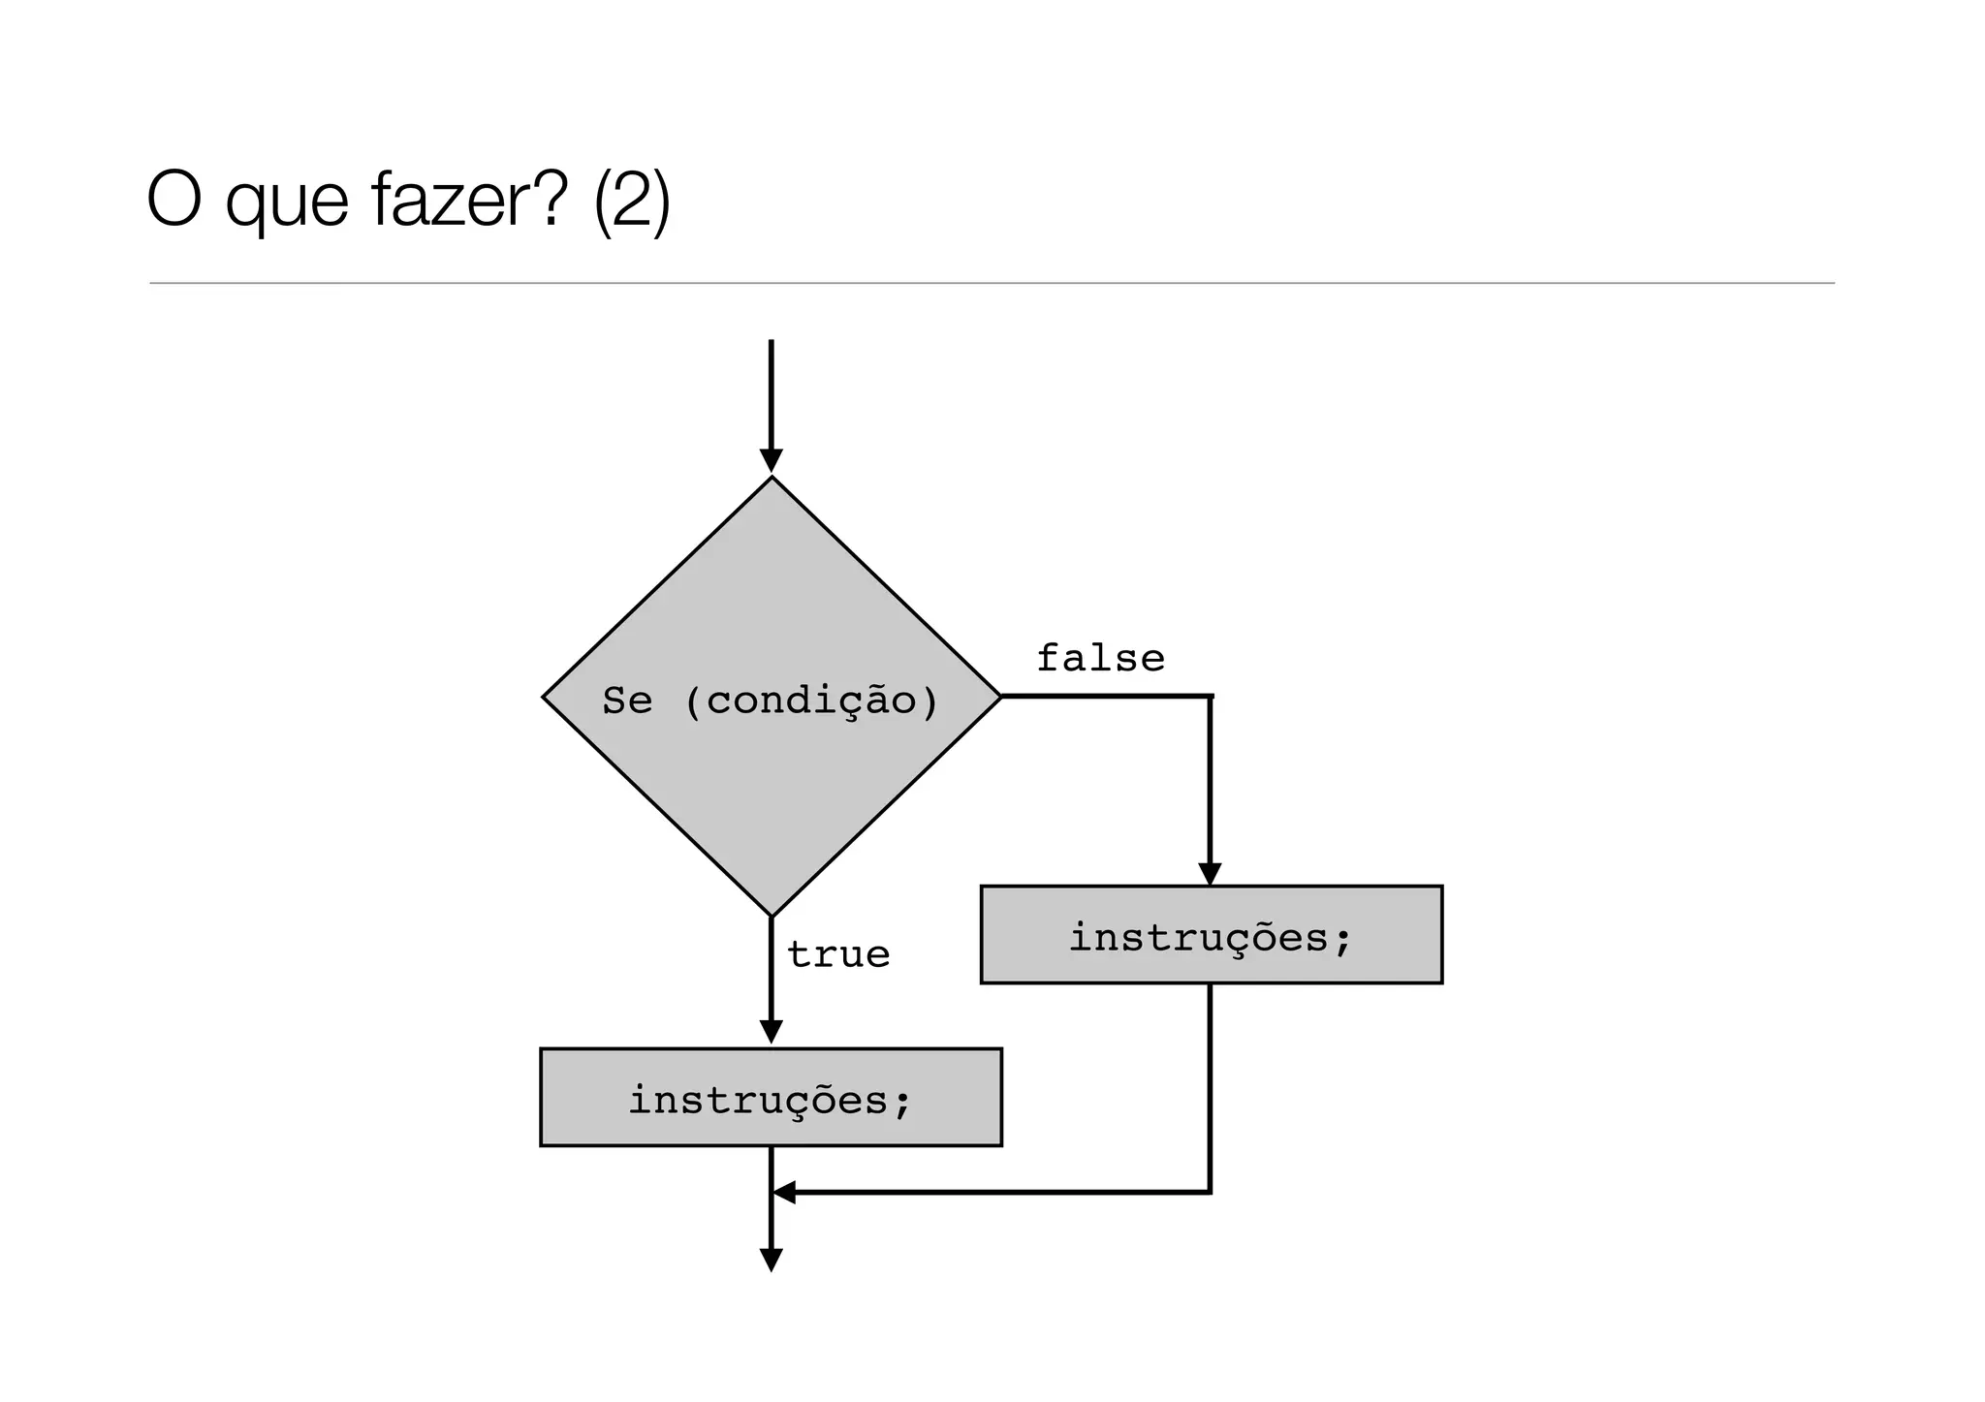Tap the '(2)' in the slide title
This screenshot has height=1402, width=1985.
click(631, 202)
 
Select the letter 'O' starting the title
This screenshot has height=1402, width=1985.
click(173, 201)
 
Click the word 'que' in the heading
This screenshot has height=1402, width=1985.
click(286, 205)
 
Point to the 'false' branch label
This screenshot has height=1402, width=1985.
click(1100, 659)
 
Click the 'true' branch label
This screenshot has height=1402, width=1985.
click(838, 955)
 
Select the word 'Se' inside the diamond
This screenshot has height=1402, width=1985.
click(627, 701)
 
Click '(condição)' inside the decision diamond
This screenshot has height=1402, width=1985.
click(811, 701)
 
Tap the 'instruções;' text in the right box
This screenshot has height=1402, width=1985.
click(1211, 937)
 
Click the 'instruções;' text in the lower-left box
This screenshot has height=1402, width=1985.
click(771, 1100)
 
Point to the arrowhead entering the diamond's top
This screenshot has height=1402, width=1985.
click(771, 461)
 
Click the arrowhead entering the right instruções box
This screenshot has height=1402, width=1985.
click(1210, 874)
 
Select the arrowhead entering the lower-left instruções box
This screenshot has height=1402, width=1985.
click(771, 1033)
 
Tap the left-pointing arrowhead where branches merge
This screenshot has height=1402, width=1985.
click(784, 1192)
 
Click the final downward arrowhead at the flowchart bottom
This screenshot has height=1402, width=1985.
click(771, 1261)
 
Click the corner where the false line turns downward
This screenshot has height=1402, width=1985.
click(1210, 696)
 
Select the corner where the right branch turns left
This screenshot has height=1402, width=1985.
click(1210, 1192)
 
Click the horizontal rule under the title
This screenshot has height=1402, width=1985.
click(992, 283)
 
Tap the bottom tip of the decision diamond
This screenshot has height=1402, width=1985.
click(771, 914)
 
